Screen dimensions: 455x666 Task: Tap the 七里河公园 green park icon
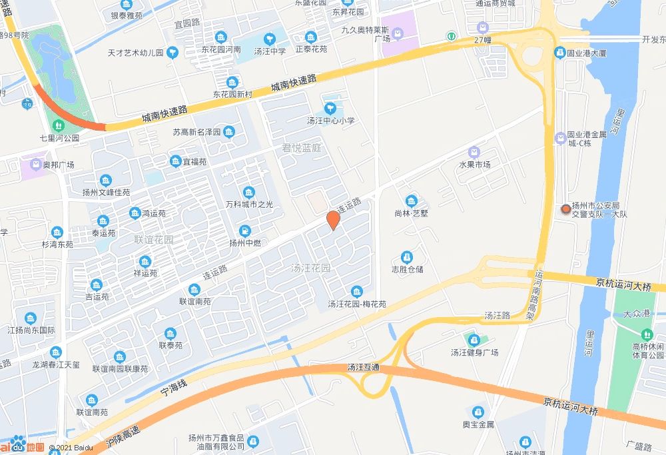click(x=58, y=125)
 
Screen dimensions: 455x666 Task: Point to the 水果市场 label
click(x=474, y=165)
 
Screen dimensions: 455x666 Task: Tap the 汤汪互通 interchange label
click(x=363, y=367)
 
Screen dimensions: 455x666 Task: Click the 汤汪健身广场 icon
click(x=474, y=340)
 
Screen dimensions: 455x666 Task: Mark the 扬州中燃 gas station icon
click(x=246, y=230)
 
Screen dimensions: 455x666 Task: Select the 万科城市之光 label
click(x=248, y=205)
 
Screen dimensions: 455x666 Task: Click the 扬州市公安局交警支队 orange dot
click(x=566, y=209)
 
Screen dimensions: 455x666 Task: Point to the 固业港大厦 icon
click(x=560, y=52)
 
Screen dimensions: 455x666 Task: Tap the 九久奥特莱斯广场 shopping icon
click(x=398, y=33)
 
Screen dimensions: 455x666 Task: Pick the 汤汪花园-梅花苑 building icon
click(x=357, y=292)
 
